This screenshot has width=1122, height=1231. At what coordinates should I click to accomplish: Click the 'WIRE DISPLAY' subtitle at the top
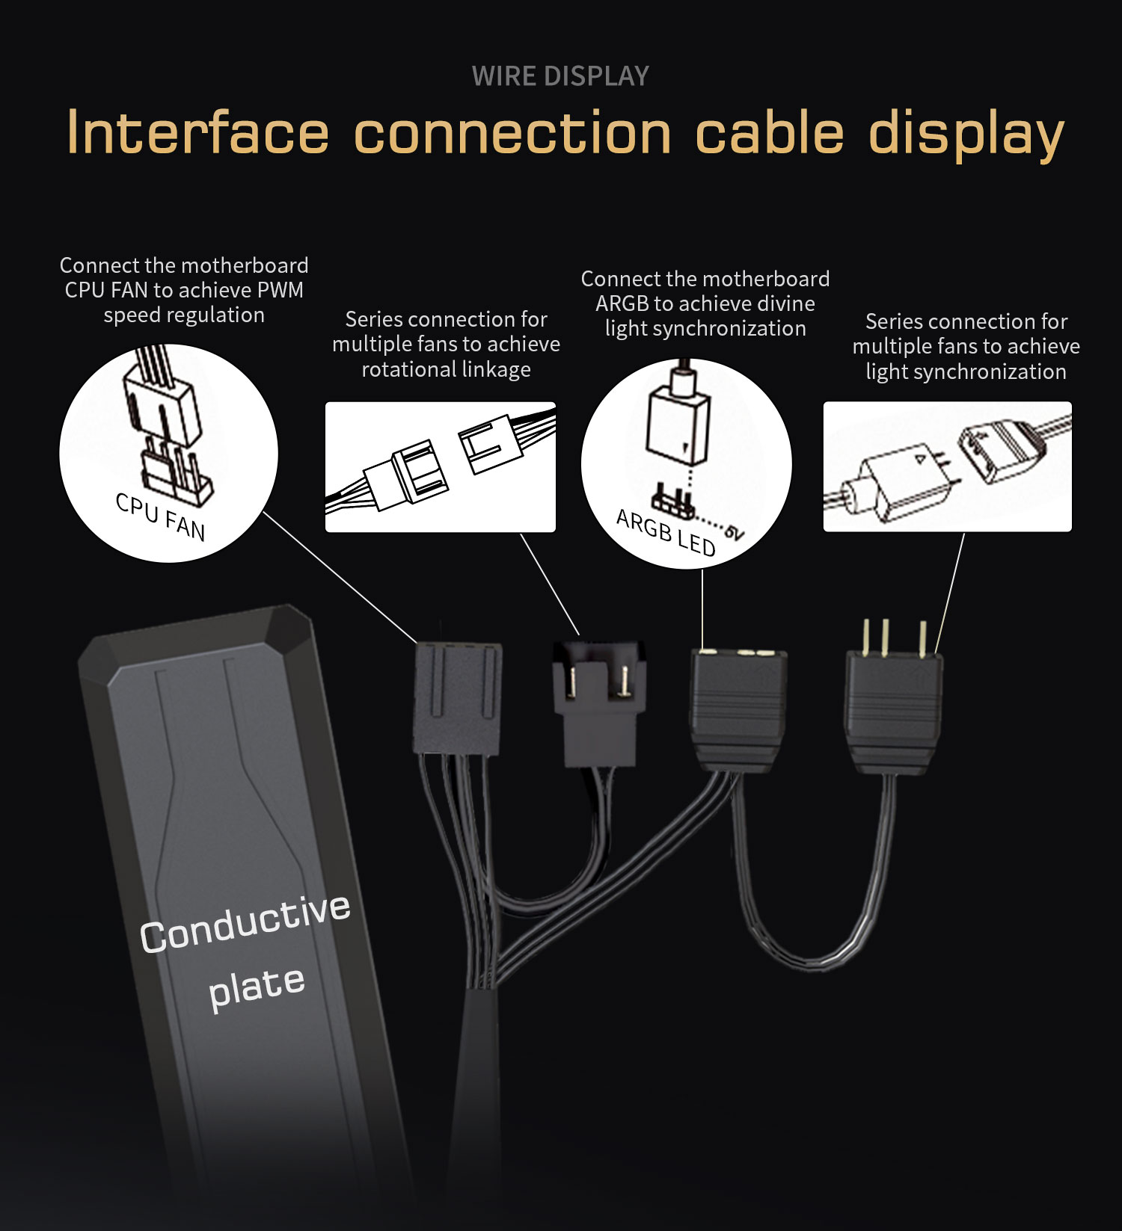(x=560, y=76)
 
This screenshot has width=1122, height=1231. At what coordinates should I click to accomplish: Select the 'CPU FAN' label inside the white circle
(x=160, y=516)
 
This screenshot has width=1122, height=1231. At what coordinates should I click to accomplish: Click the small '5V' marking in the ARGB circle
(x=735, y=532)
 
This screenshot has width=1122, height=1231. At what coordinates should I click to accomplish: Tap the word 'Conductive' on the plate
(x=245, y=924)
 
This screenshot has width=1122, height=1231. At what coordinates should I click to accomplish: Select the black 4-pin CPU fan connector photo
(x=457, y=698)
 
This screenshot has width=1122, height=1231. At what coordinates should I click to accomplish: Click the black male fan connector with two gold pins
(x=598, y=703)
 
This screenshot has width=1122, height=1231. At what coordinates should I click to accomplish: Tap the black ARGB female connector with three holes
(x=738, y=710)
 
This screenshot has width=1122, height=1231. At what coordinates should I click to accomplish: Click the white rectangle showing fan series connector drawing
(x=441, y=467)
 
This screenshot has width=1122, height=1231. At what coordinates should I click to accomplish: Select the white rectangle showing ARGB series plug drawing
(x=948, y=467)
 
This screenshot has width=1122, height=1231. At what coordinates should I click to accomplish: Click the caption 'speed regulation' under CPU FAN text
(x=184, y=315)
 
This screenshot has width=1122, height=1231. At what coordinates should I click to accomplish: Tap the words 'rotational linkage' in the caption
(x=446, y=369)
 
